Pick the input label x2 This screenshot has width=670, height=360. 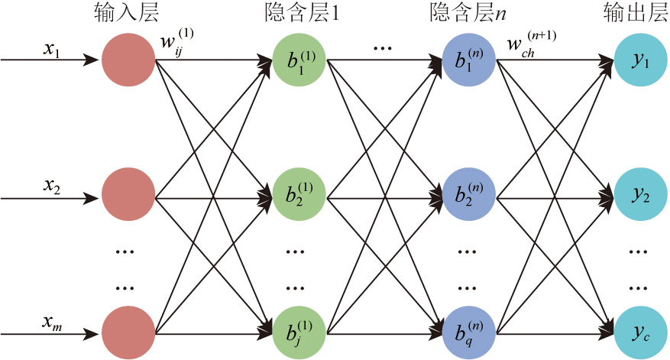(x=52, y=186)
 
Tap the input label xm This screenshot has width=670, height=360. (x=52, y=323)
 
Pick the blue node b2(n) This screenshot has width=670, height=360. (x=468, y=199)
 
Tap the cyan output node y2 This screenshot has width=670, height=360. (x=638, y=199)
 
